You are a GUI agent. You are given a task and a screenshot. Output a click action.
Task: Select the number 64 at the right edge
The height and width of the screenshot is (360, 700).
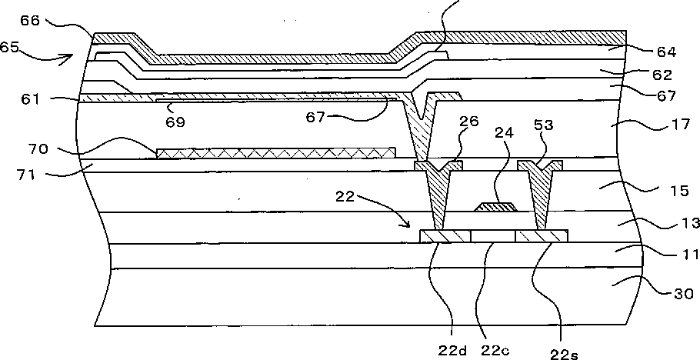[666, 52]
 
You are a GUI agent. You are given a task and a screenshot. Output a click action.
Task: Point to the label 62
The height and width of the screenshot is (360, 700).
[662, 76]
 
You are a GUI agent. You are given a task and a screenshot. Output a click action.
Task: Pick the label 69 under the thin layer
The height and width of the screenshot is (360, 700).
[175, 121]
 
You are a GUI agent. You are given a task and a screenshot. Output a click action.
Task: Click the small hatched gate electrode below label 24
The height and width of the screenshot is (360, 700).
[495, 205]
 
